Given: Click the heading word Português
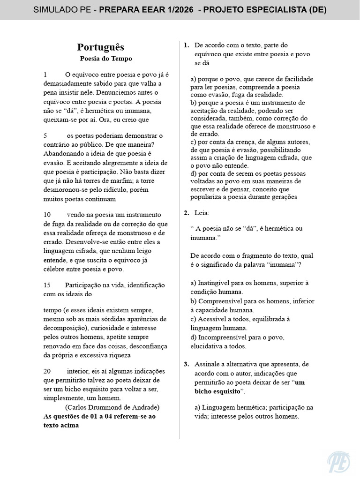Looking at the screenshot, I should (x=100, y=47).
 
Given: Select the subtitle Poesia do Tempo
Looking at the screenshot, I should (x=106, y=59).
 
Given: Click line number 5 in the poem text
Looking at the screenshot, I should (x=45, y=135).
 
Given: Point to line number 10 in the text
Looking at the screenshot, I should (x=47, y=214).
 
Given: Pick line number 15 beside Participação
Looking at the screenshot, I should (x=47, y=285).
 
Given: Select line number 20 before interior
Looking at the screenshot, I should (x=47, y=370).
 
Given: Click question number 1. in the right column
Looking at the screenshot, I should (x=186, y=45).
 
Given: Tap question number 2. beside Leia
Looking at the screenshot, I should (x=186, y=213).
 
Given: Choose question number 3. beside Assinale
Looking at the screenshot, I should (x=186, y=364).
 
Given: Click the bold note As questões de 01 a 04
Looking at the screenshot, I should (x=99, y=416).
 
